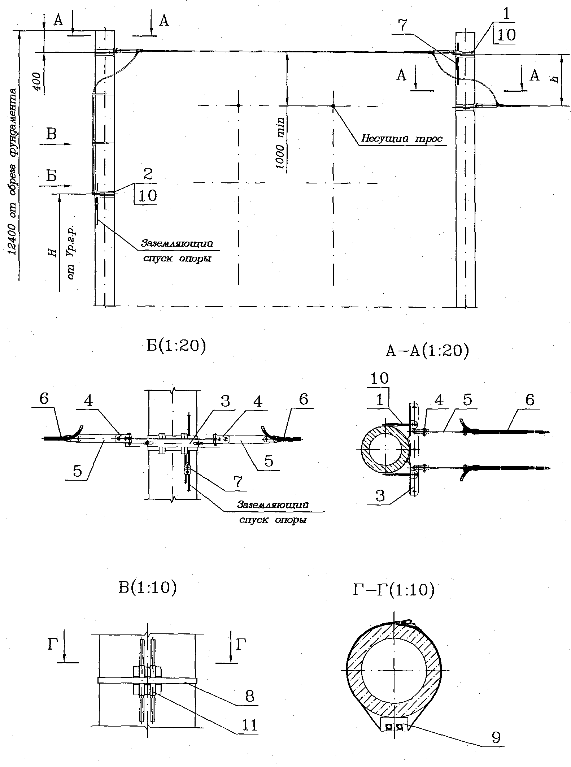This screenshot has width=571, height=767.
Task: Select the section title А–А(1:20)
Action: tap(427, 350)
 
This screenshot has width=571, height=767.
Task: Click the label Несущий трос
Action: tap(402, 139)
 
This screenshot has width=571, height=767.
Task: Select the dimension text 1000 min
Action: tap(281, 143)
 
